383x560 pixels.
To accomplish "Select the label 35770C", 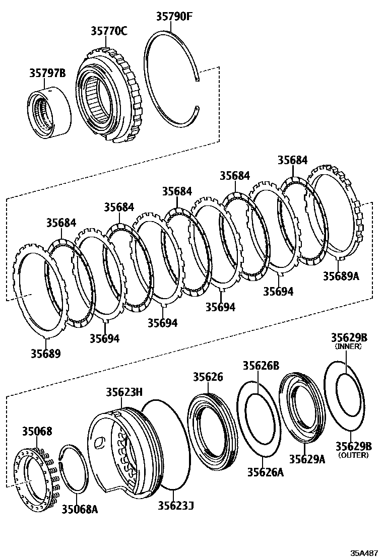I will [109, 31].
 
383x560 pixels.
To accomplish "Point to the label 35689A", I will [341, 276].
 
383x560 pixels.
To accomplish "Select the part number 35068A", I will [80, 510].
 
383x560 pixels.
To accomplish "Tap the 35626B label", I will [261, 366].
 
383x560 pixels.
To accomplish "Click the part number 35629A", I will [307, 459].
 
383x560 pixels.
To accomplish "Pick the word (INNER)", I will [348, 346].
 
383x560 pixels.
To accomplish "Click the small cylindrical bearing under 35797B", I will [48, 113].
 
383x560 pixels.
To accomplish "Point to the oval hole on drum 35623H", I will [100, 442].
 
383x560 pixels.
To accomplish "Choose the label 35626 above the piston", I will [208, 377].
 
